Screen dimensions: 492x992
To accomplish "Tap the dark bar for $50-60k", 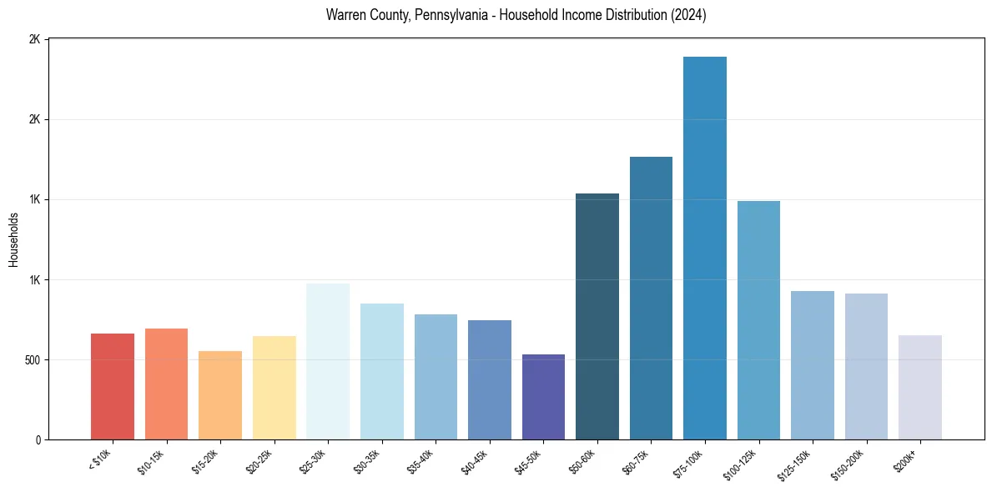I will [597, 316].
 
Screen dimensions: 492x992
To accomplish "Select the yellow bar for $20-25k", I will [274, 388].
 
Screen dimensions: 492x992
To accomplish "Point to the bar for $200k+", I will [920, 387].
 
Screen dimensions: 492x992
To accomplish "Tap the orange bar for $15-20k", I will [220, 395].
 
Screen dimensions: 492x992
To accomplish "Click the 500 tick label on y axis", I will [31, 360].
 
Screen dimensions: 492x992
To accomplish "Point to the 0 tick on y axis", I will [37, 440].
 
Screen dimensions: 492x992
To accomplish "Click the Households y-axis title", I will [14, 239].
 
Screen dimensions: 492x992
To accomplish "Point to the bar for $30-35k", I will [382, 371].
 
